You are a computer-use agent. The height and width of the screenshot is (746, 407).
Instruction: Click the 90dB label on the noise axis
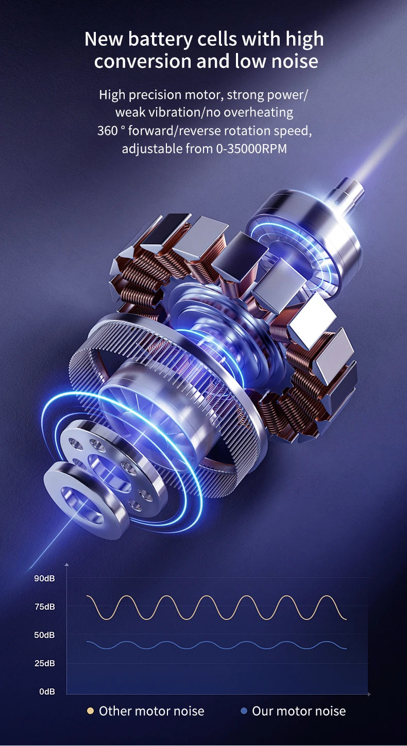pyautogui.click(x=44, y=578)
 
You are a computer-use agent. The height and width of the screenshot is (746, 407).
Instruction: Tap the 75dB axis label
pyautogui.click(x=44, y=607)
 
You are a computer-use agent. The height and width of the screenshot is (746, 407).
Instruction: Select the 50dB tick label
pyautogui.click(x=44, y=635)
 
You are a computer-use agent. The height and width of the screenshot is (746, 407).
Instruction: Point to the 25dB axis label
pyautogui.click(x=44, y=663)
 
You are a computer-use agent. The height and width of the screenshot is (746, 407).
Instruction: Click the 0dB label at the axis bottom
pyautogui.click(x=47, y=691)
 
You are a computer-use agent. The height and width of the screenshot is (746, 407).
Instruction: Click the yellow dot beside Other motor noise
pyautogui.click(x=90, y=711)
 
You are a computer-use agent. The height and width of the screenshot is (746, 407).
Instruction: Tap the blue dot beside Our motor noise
pyautogui.click(x=244, y=711)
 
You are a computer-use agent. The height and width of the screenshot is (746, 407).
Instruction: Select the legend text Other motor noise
pyautogui.click(x=151, y=711)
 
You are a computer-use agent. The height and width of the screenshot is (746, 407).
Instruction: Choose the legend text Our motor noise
pyautogui.click(x=299, y=711)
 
